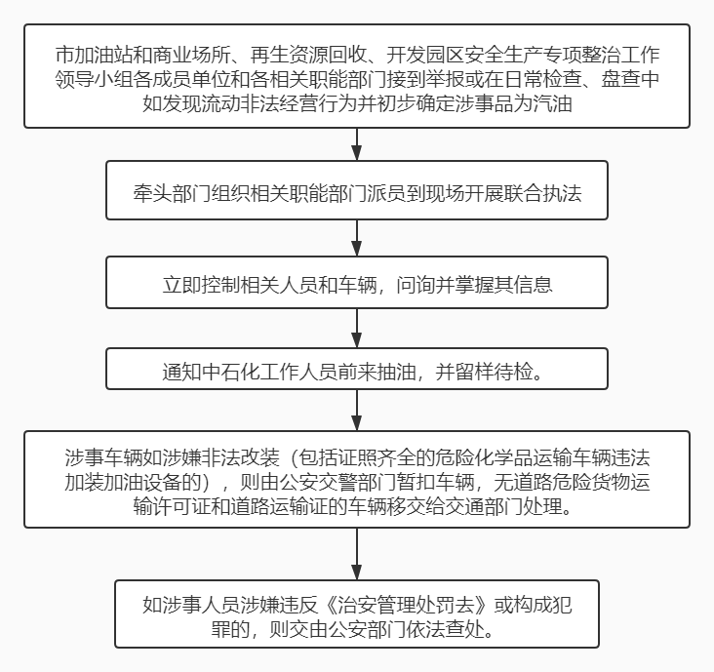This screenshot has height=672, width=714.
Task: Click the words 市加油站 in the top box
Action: click(x=94, y=55)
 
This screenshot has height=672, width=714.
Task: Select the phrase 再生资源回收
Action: click(x=308, y=55)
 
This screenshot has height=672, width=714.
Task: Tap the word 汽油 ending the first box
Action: click(x=552, y=103)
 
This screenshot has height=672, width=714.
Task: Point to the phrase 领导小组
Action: click(x=94, y=79)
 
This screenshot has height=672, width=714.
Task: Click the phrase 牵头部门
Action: click(x=172, y=193)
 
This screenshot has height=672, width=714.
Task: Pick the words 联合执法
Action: click(x=542, y=193)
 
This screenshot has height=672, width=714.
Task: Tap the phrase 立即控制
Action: click(x=201, y=285)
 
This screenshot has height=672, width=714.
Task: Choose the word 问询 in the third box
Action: click(x=416, y=285)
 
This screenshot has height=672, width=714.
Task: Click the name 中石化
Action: click(x=230, y=372)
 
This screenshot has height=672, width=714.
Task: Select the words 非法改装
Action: click(x=240, y=458)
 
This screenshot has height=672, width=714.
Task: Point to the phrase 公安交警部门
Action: click(x=337, y=483)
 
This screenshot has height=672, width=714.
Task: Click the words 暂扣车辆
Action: click(x=435, y=483)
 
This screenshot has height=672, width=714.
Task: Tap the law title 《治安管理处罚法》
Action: click(x=406, y=606)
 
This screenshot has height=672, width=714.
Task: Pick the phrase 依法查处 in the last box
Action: click(x=446, y=630)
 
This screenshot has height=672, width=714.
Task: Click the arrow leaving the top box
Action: click(x=357, y=144)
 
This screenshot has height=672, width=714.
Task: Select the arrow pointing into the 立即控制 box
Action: click(x=357, y=238)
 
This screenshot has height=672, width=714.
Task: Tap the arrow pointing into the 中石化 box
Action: click(x=357, y=329)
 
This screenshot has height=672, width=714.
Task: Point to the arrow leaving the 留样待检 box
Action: click(x=357, y=411)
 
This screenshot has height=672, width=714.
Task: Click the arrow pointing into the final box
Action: click(x=357, y=554)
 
